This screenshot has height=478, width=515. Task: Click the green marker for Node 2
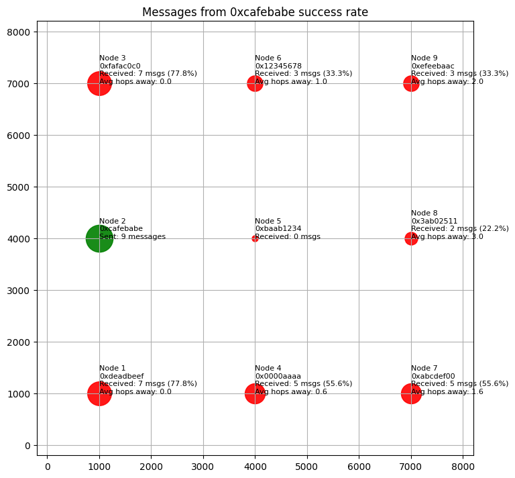pyautogui.click(x=99, y=238)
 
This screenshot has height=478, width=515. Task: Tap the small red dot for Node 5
pyautogui.click(x=255, y=238)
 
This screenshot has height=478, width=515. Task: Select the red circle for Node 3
pyautogui.click(x=99, y=83)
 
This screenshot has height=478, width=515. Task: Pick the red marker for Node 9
pyautogui.click(x=411, y=83)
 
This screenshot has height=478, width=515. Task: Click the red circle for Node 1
pyautogui.click(x=99, y=393)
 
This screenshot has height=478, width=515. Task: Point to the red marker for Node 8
pyautogui.click(x=411, y=238)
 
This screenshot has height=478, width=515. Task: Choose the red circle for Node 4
pyautogui.click(x=255, y=393)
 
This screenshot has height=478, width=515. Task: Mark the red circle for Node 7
pyautogui.click(x=411, y=393)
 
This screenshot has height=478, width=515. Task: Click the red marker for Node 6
pyautogui.click(x=255, y=83)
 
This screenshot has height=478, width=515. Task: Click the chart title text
pyautogui.click(x=255, y=12)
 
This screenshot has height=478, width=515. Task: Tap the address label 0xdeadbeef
pyautogui.click(x=121, y=376)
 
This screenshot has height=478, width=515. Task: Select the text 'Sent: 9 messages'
pyautogui.click(x=132, y=236)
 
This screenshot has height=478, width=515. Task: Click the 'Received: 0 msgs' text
pyautogui.click(x=288, y=236)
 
